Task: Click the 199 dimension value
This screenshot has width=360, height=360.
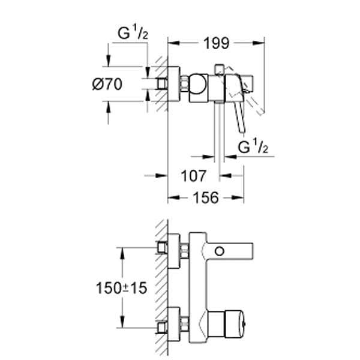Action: point(216,43)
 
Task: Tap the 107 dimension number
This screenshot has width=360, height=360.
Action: point(194,176)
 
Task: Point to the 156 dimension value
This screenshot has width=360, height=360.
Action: point(205,197)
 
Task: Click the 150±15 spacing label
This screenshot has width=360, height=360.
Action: point(121,288)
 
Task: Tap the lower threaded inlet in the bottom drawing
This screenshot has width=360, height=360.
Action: point(161,327)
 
